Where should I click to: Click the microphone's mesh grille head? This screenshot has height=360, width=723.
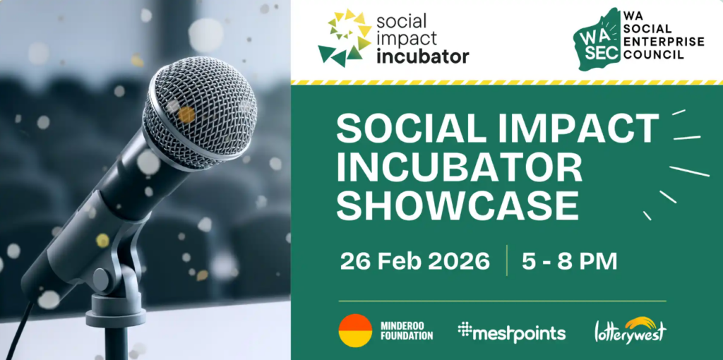point(199,112)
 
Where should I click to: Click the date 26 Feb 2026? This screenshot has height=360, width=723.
point(414,261)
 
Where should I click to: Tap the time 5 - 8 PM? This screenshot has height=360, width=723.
point(570,261)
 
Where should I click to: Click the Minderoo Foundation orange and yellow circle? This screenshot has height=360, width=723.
point(355,330)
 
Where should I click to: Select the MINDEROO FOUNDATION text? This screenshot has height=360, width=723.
point(406,330)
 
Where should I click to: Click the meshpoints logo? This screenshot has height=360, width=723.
point(511,332)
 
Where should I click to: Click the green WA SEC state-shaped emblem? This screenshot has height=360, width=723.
point(598,40)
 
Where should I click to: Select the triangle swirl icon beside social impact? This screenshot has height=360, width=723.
point(345,38)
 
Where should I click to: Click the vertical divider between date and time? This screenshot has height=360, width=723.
point(506,260)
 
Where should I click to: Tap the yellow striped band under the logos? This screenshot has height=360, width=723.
point(507,83)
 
